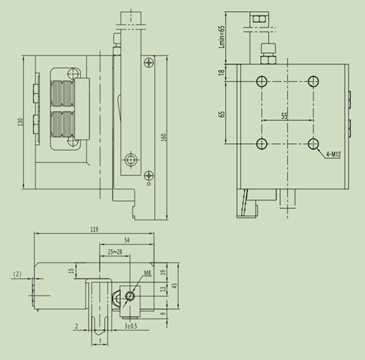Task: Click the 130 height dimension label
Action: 20,122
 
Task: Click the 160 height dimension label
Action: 163,137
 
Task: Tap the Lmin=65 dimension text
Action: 222,37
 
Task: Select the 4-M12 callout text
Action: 333,154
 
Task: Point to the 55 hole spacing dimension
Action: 284,116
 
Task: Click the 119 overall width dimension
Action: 94,229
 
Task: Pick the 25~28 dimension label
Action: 115,252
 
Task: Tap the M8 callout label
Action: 147,273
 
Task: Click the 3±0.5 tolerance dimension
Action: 131,326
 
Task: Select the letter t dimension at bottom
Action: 100,341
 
